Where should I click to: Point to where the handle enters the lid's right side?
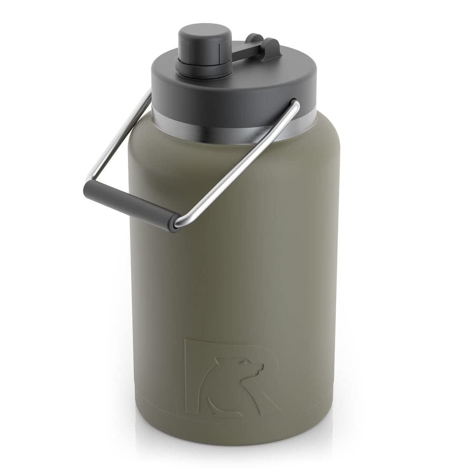(294, 104)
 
